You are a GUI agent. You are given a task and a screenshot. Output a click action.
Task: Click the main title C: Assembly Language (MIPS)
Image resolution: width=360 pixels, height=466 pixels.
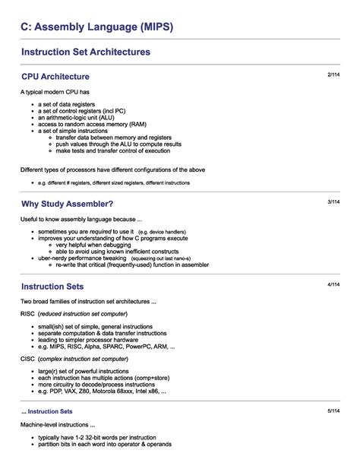(97, 27)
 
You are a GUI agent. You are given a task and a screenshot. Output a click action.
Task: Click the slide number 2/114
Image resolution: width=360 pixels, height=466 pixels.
(333, 74)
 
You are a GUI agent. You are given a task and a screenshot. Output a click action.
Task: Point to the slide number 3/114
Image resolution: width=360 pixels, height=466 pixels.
(333, 202)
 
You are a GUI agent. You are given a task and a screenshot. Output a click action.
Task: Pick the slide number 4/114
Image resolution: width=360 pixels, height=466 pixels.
(333, 284)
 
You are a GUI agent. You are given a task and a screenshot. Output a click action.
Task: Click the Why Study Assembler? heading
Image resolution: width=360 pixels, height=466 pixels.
(68, 204)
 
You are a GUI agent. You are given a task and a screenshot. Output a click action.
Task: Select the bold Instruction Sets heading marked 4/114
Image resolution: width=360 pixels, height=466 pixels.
(52, 287)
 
